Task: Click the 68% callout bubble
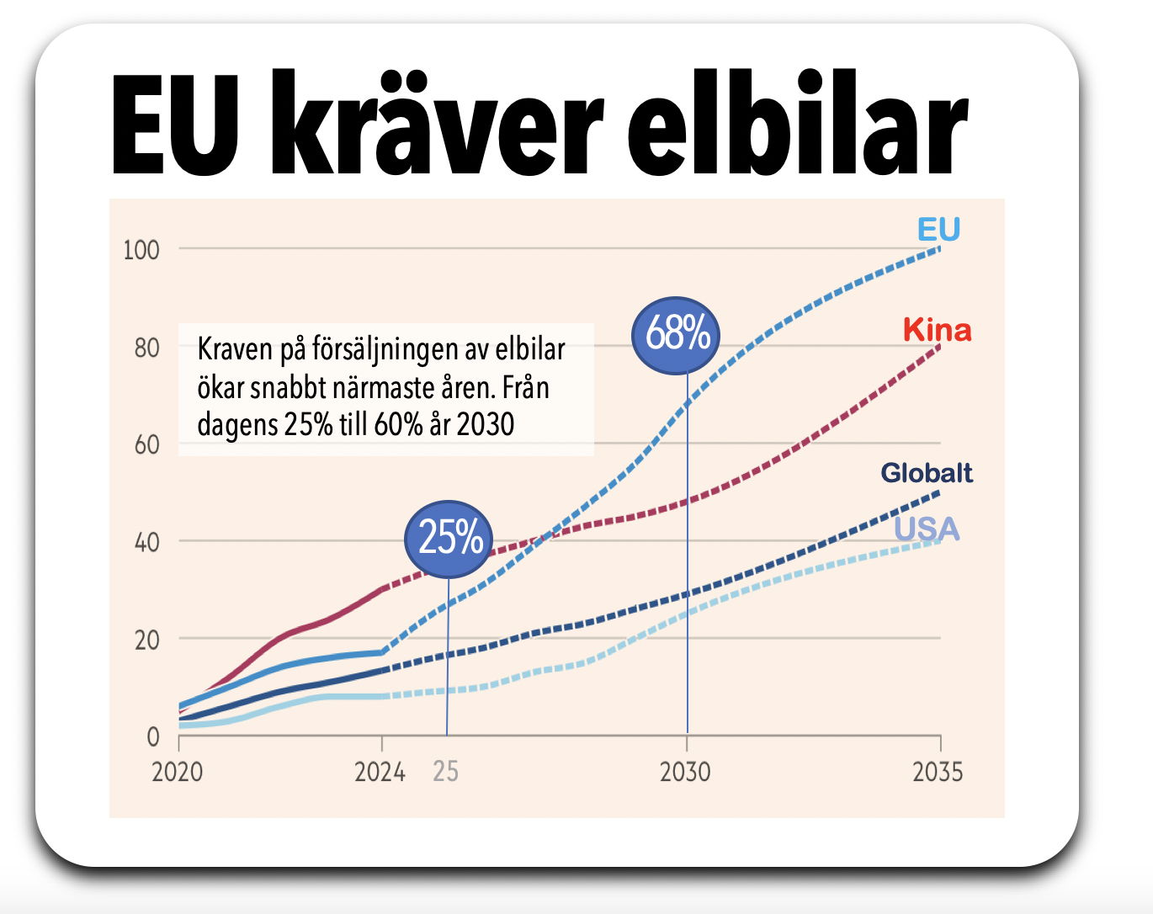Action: (677, 335)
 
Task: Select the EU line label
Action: (938, 229)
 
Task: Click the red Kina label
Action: (937, 330)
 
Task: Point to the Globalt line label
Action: (927, 473)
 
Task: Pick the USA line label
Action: (926, 529)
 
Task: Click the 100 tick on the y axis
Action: (141, 250)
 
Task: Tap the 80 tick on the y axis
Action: (146, 348)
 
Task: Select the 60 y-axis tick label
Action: (146, 445)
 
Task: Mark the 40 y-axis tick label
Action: (146, 542)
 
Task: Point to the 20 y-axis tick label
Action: (146, 640)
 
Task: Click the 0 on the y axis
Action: (152, 737)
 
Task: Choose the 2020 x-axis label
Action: (178, 772)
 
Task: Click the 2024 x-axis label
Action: (380, 772)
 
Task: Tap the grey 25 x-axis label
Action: (445, 772)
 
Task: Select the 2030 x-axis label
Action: (685, 772)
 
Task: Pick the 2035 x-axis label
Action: (938, 772)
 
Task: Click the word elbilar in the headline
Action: (798, 126)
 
